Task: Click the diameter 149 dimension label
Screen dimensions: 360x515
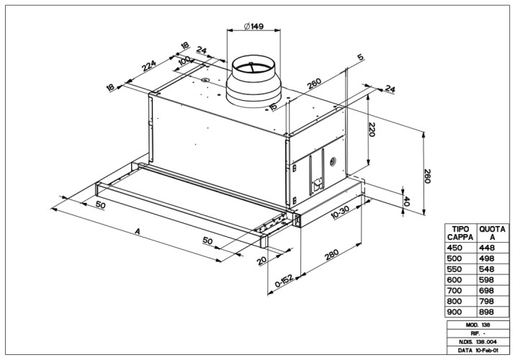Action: [254, 27]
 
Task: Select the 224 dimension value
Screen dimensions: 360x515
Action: [150, 68]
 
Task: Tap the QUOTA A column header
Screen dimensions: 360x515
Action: [492, 233]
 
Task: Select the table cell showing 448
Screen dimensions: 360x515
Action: [489, 248]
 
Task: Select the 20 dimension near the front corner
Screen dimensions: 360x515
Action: [261, 260]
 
